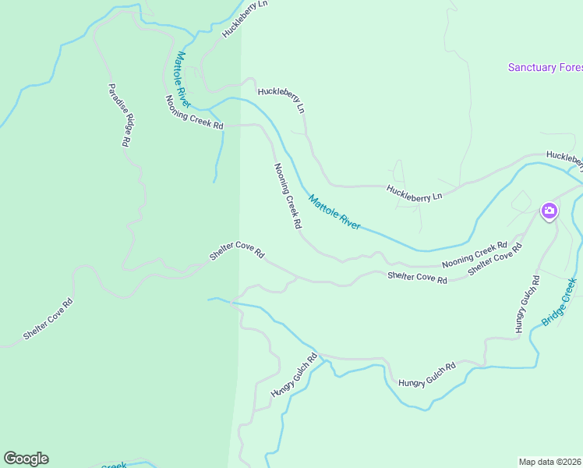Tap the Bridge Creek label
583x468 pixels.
559,302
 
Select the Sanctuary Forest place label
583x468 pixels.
545,67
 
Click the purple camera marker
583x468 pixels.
549,211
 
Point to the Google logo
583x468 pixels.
26,459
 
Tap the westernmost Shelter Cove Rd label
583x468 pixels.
48,319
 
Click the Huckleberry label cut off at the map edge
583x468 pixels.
564,158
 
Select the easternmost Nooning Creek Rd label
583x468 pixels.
475,255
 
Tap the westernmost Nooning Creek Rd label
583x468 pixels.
194,113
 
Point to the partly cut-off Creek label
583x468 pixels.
114,465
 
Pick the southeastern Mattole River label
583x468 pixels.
334,211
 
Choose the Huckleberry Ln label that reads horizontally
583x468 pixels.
414,193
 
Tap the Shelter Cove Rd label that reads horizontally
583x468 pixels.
417,278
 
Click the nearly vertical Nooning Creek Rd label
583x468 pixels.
288,195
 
